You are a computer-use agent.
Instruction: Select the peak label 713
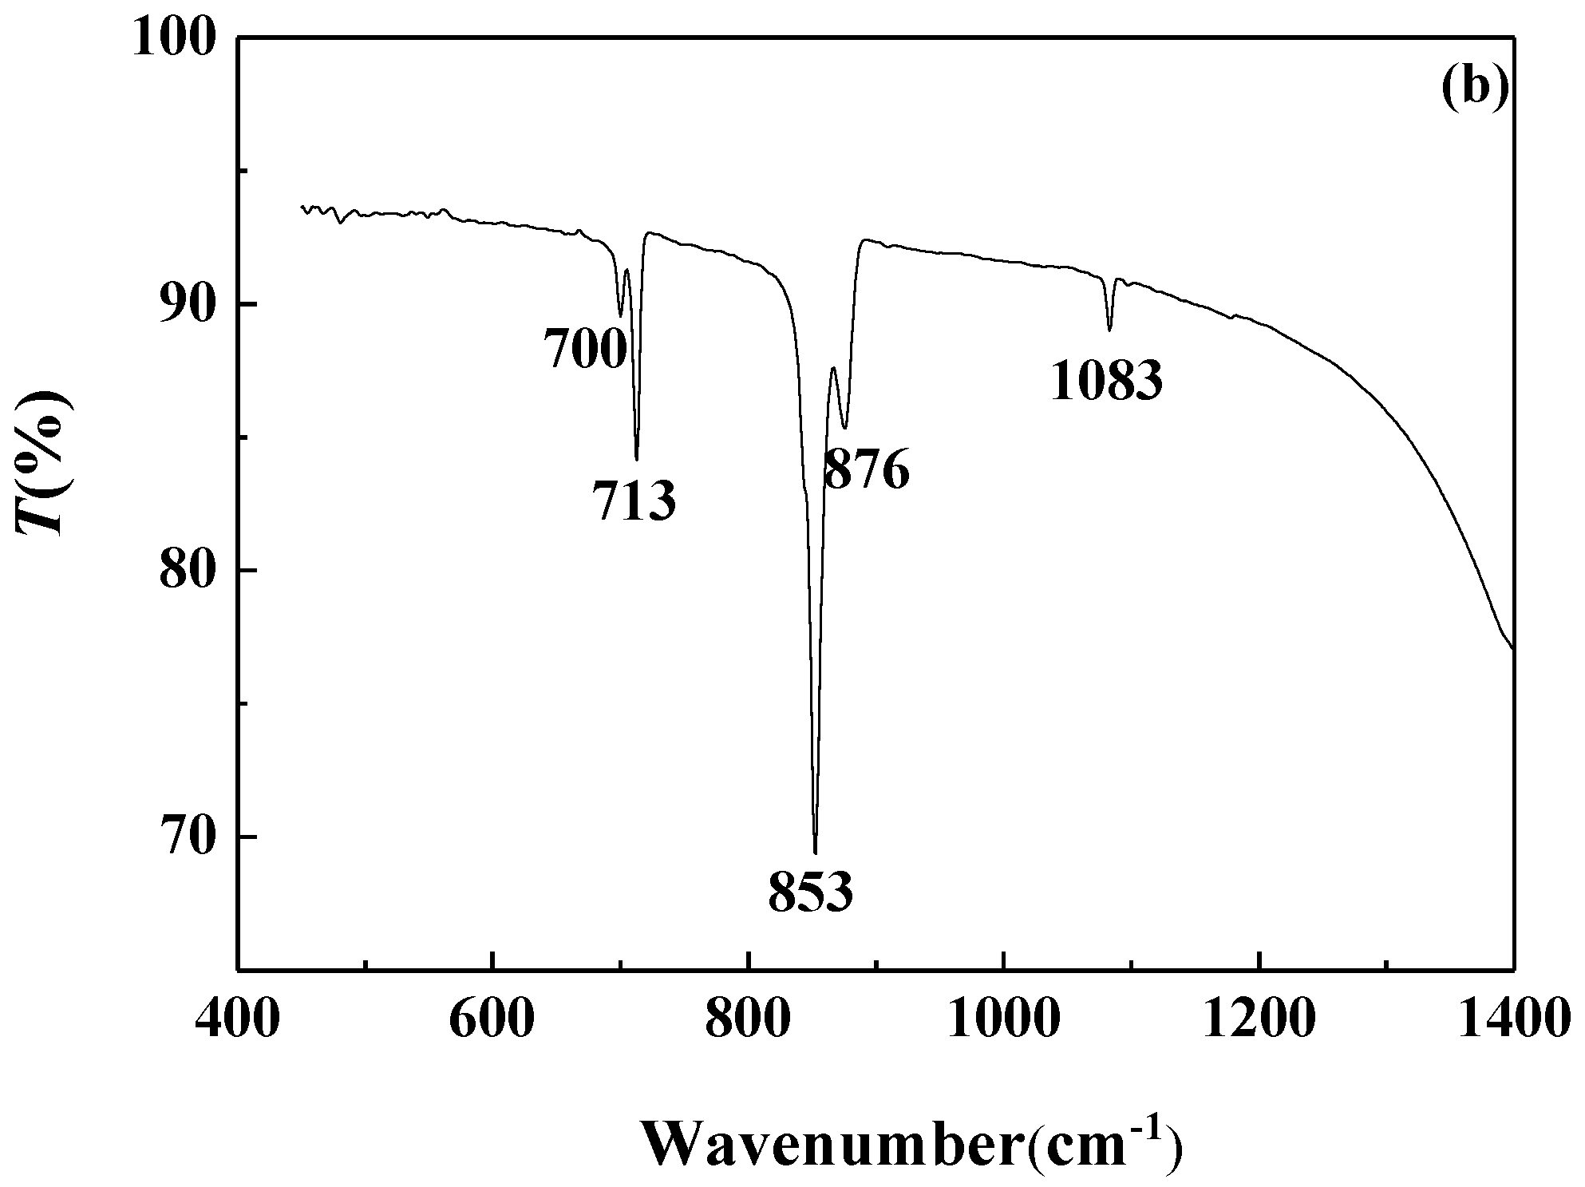point(634,501)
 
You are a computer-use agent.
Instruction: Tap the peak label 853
point(811,892)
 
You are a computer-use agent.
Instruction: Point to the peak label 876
point(866,469)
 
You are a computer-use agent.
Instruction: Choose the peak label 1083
point(1106,381)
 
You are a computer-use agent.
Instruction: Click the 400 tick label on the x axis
point(236,1019)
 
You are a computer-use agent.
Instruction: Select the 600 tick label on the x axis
point(492,1019)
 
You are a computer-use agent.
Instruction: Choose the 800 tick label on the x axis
point(748,1019)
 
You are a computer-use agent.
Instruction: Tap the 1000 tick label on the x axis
point(1003,1019)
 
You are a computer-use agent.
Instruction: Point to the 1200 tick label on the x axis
point(1259,1019)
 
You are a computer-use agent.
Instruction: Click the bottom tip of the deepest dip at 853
point(815,853)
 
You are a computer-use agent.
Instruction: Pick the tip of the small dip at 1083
point(1109,330)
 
